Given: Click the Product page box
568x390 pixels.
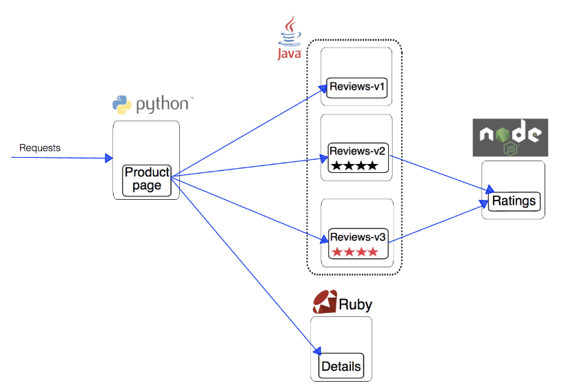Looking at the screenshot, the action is [x=147, y=181].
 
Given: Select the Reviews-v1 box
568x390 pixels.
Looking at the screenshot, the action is [x=357, y=88].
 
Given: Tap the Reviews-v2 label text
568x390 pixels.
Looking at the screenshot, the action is [x=357, y=151].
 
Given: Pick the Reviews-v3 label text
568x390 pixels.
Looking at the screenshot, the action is [x=358, y=237].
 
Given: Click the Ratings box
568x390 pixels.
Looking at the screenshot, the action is [x=514, y=201].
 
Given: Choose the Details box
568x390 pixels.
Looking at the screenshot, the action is [x=341, y=366].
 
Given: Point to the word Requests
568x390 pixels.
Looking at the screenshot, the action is [x=40, y=147].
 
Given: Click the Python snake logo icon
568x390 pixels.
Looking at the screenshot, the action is [x=122, y=105].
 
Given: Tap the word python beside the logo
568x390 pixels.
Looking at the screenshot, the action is [x=163, y=105].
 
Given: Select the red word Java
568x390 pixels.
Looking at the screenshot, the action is [x=290, y=54].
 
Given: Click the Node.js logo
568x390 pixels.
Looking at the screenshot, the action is [x=510, y=138].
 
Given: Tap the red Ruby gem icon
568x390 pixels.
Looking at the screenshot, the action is [x=325, y=301].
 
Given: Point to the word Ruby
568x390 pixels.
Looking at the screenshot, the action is [x=356, y=305].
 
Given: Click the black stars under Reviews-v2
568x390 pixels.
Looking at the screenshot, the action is [x=354, y=166].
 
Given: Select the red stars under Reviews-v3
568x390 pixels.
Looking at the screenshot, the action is [x=355, y=252].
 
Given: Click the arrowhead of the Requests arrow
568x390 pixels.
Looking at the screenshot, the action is [x=109, y=158].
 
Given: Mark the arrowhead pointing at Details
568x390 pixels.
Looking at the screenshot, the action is [x=316, y=350].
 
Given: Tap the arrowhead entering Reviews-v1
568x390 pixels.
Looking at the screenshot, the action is [x=323, y=88].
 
